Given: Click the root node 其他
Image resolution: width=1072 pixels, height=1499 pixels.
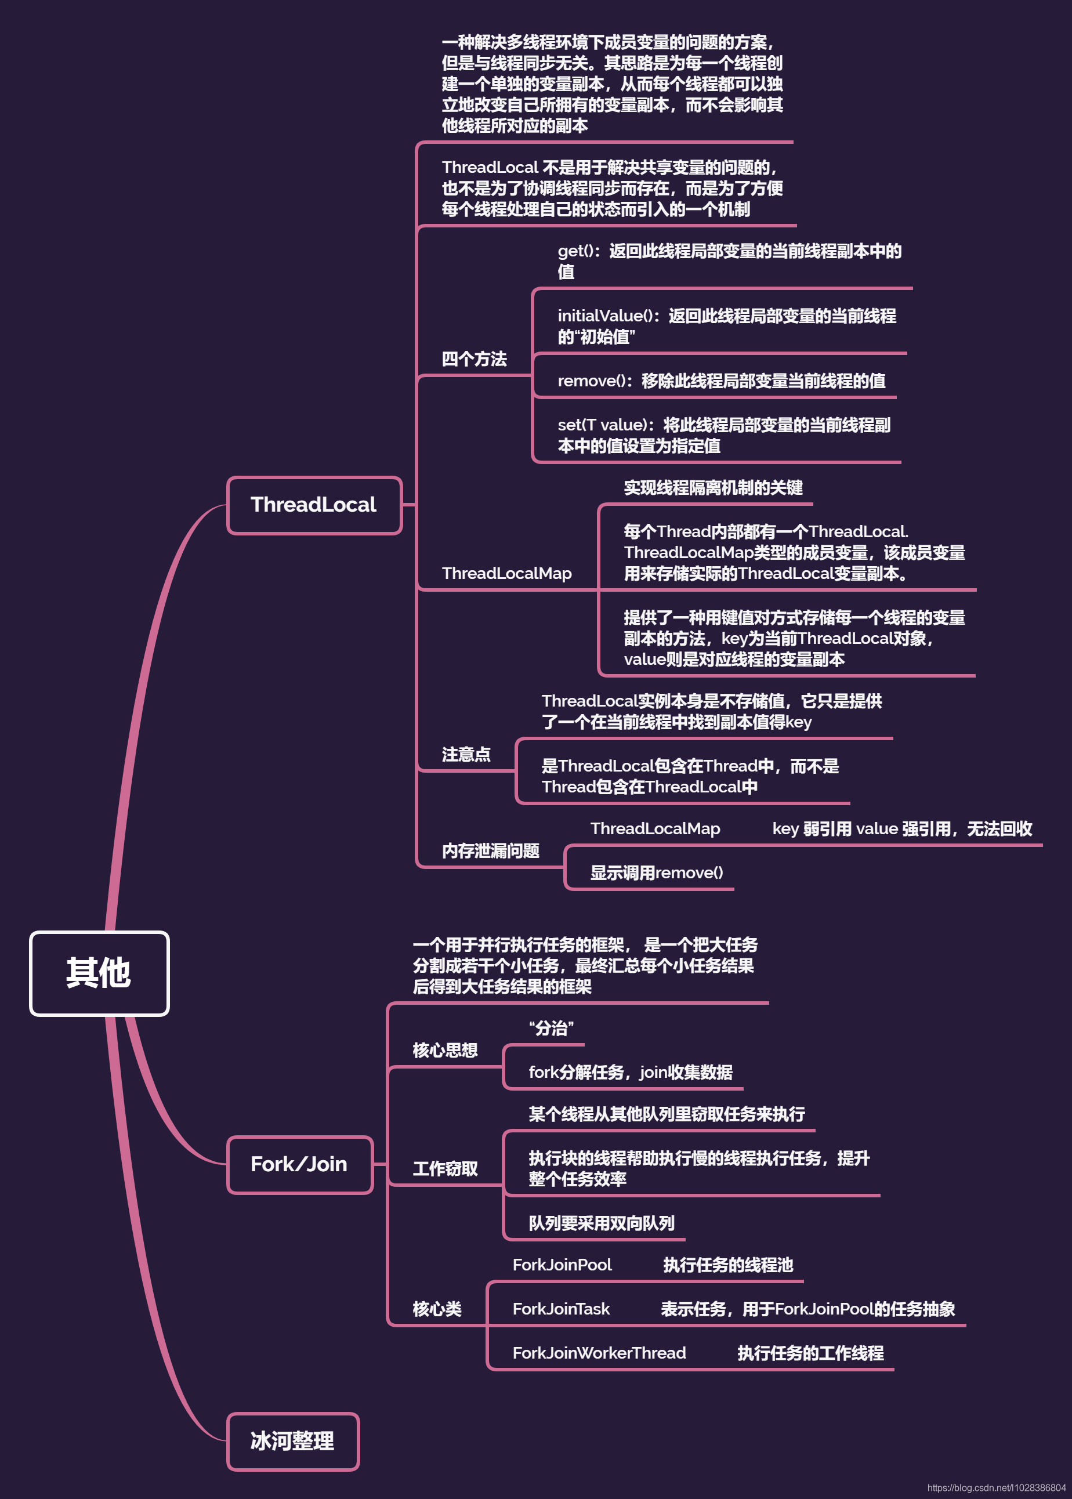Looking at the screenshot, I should point(99,973).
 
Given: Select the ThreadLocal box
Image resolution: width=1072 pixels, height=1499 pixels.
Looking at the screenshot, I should point(314,505).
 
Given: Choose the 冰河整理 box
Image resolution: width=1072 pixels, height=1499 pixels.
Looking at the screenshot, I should point(292,1441).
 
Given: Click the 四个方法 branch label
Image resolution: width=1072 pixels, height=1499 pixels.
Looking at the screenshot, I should point(474,359).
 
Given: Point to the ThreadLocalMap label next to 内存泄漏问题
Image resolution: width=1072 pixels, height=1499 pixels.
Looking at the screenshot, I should point(655,828).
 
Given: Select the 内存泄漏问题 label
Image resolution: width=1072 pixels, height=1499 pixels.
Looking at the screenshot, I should point(490,851).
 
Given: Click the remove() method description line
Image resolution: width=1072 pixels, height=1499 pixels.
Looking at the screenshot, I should point(721,381).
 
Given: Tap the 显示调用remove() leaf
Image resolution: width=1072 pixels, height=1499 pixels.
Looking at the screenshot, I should point(656,872).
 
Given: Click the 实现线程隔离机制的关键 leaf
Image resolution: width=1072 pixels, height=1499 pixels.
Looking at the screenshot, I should point(713,488).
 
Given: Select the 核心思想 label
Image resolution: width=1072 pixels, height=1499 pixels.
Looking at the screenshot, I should point(445,1050).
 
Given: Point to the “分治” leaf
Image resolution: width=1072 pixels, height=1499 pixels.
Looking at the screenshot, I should point(551,1028).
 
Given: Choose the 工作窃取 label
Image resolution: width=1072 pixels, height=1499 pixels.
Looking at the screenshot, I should point(445,1169).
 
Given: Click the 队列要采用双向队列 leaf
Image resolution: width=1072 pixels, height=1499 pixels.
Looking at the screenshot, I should point(602,1223).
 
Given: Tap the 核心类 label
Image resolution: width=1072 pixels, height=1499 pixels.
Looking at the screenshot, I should point(437,1309).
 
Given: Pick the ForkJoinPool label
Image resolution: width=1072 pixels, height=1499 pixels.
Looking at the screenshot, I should point(562,1265).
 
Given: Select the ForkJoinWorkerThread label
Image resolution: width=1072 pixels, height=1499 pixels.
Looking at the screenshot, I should point(599,1353).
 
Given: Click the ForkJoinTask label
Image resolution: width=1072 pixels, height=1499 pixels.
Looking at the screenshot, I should point(561,1309).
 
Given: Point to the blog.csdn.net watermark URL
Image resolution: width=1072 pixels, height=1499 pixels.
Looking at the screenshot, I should point(996,1488).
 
